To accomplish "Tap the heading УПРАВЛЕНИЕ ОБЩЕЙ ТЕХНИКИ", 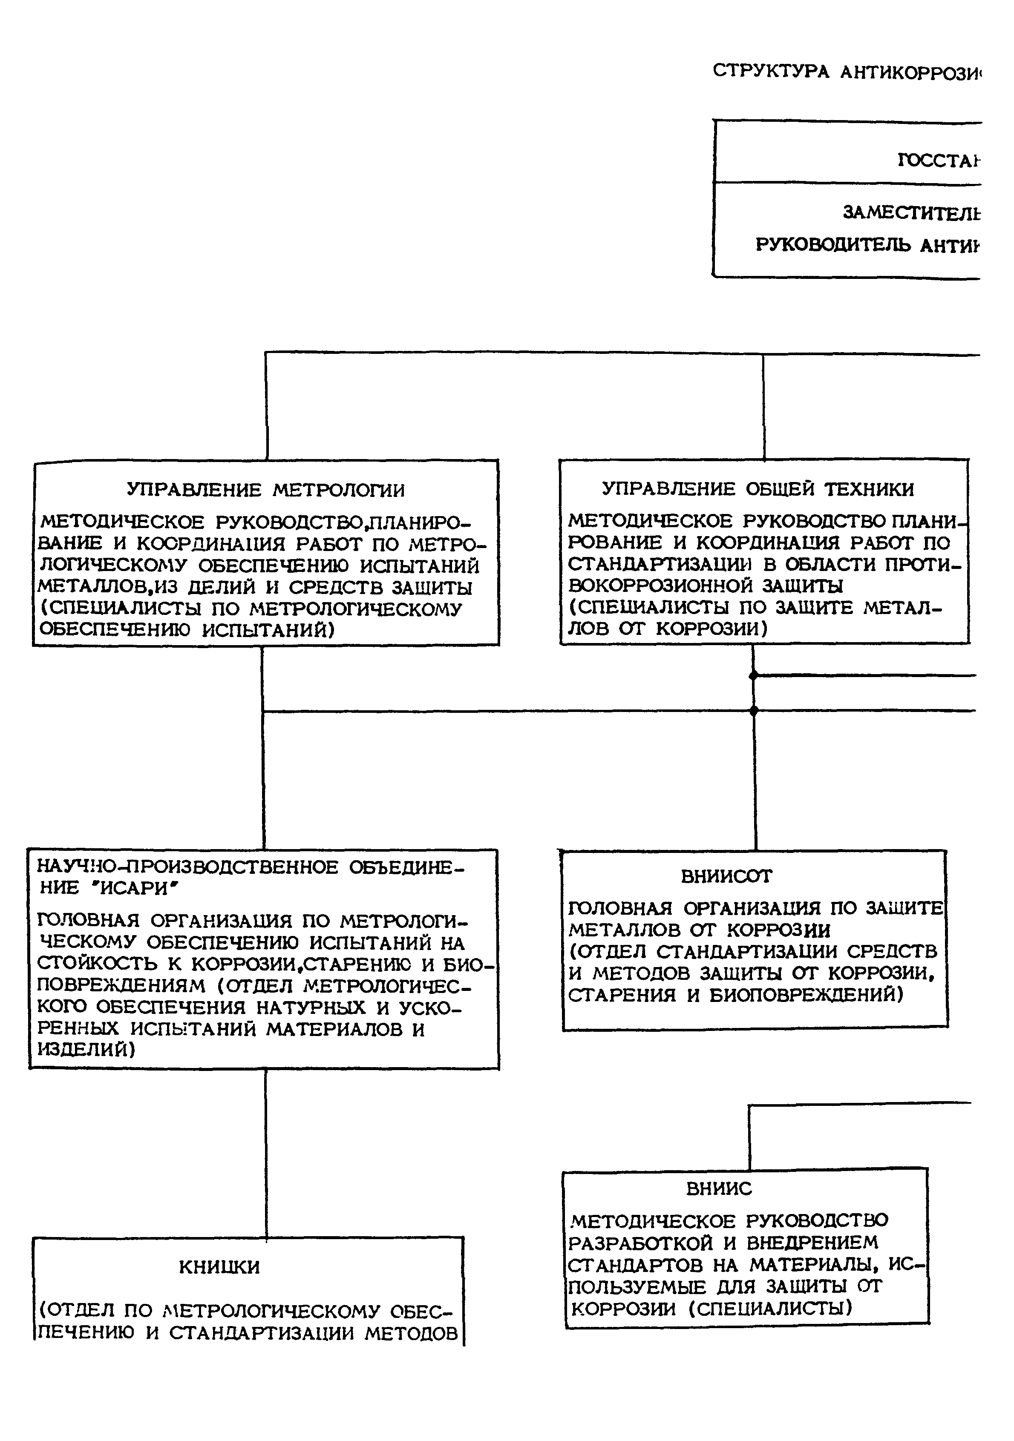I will [x=758, y=489].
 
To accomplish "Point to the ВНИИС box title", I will [x=719, y=1188].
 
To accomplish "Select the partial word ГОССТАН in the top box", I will [x=939, y=161].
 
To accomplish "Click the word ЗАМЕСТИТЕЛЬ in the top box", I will [x=911, y=213].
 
